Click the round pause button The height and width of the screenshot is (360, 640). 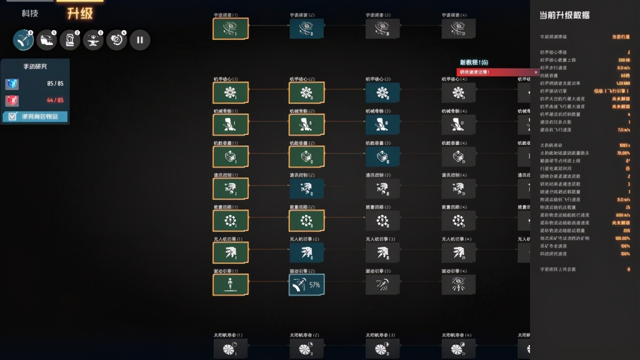tap(140, 39)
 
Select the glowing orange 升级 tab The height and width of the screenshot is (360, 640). tap(80, 13)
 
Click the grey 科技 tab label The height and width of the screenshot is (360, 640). tap(30, 13)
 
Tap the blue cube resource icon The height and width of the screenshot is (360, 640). tap(12, 84)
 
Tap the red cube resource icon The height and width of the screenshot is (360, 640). tap(12, 100)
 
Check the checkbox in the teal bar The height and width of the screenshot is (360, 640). tap(12, 116)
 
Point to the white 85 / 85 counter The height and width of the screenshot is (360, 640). tap(55, 84)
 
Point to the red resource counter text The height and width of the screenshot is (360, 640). tap(55, 100)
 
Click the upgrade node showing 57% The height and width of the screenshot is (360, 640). tap(306, 284)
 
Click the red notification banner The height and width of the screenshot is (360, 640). tap(498, 72)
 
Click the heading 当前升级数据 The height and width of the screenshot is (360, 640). tap(564, 15)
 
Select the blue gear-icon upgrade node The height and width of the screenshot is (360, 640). tap(382, 92)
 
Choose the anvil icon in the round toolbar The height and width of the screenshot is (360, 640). tap(93, 39)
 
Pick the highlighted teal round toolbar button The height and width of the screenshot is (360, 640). tap(23, 39)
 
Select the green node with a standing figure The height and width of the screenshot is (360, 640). tap(230, 284)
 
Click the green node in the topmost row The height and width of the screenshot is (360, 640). tap(230, 28)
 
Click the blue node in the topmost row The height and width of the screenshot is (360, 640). tap(306, 28)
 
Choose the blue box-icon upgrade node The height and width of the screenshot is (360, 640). tap(382, 156)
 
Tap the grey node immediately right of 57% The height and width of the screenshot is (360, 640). tap(382, 284)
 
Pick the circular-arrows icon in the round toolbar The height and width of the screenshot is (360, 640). tap(116, 39)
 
